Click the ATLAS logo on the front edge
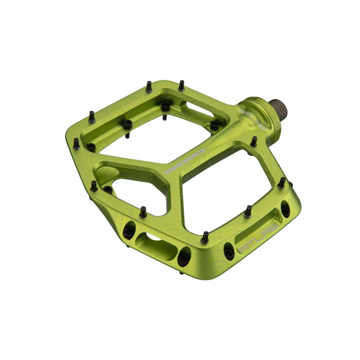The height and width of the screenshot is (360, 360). click(x=259, y=236)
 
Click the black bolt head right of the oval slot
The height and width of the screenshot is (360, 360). click(x=184, y=259)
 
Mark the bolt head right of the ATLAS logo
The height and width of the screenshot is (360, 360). click(x=285, y=208)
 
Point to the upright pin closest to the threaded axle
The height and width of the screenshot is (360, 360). click(x=254, y=141)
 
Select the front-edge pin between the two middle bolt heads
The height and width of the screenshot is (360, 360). click(x=205, y=237)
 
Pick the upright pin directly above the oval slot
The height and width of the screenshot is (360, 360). click(x=143, y=212)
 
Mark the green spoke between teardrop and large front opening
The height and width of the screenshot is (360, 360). click(x=173, y=193)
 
